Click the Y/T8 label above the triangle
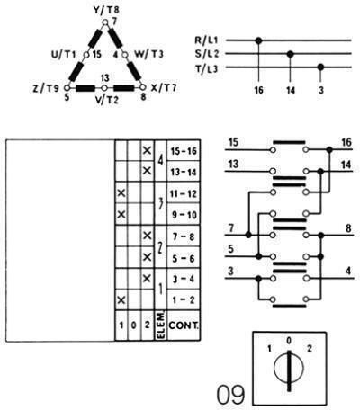click(x=106, y=10)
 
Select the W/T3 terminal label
click(x=148, y=54)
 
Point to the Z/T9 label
click(x=46, y=88)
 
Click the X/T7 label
click(x=164, y=88)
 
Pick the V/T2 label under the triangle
click(x=106, y=100)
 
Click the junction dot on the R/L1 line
click(x=258, y=40)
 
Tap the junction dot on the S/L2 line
click(x=290, y=54)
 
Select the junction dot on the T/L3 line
click(x=320, y=67)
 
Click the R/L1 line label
click(x=207, y=40)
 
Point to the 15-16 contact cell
click(x=184, y=151)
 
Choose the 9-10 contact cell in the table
click(x=184, y=214)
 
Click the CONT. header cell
click(x=184, y=325)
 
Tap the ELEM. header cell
click(x=160, y=325)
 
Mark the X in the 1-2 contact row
click(x=121, y=299)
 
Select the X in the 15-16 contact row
click(x=147, y=150)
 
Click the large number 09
click(x=230, y=395)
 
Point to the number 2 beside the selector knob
click(x=310, y=348)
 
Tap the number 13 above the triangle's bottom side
click(x=104, y=78)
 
